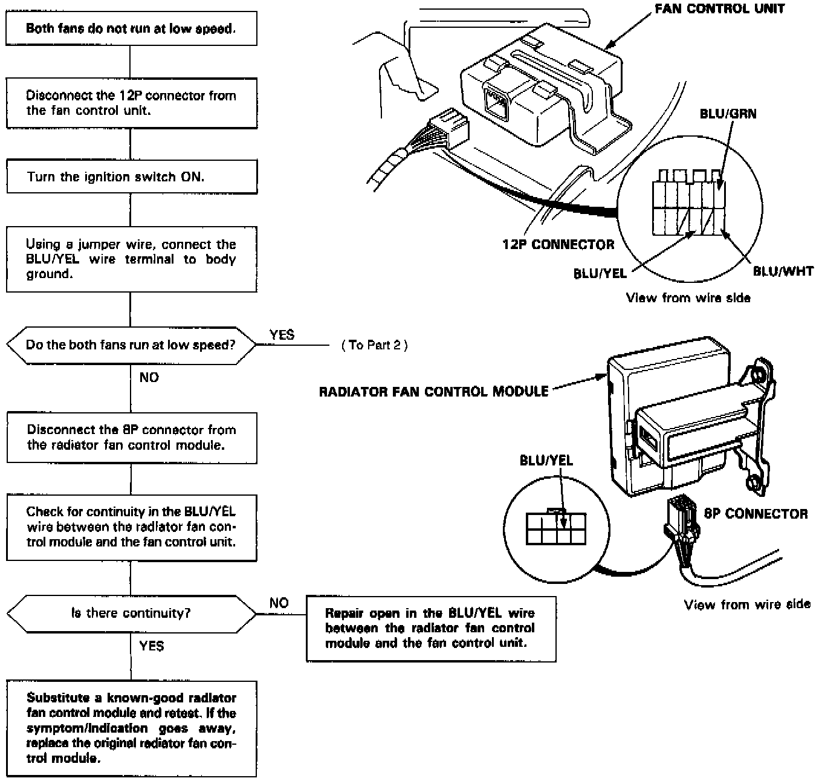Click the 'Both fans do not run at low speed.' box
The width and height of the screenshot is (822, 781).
[x=131, y=28]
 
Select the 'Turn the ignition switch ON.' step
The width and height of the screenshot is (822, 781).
[x=131, y=177]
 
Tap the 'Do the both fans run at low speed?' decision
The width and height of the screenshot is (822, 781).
[x=131, y=345]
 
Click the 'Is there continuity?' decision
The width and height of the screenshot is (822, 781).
[x=131, y=613]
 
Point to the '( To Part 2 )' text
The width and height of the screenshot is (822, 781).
[x=374, y=345]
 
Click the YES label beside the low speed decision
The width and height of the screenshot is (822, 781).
[x=282, y=335]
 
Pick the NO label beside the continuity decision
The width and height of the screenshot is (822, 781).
[x=279, y=603]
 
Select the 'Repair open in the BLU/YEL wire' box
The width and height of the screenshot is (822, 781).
[x=430, y=628]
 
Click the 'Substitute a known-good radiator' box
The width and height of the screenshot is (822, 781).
[x=131, y=728]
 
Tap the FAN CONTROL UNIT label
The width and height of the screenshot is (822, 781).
[x=719, y=8]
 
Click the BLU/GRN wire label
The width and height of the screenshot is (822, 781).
[x=728, y=114]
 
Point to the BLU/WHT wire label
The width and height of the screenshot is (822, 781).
[x=783, y=271]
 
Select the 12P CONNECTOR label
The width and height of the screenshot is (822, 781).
[x=558, y=244]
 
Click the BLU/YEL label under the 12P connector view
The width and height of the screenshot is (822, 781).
[x=600, y=273]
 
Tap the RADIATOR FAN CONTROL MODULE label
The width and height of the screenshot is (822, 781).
[x=433, y=392]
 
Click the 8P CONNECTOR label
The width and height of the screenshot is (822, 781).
[x=756, y=514]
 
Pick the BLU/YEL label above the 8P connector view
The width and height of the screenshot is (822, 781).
[x=546, y=460]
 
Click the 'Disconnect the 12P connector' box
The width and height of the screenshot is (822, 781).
[x=131, y=103]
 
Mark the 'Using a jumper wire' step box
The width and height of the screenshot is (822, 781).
[x=131, y=259]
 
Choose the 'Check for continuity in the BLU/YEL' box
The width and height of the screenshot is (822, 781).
[x=131, y=527]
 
